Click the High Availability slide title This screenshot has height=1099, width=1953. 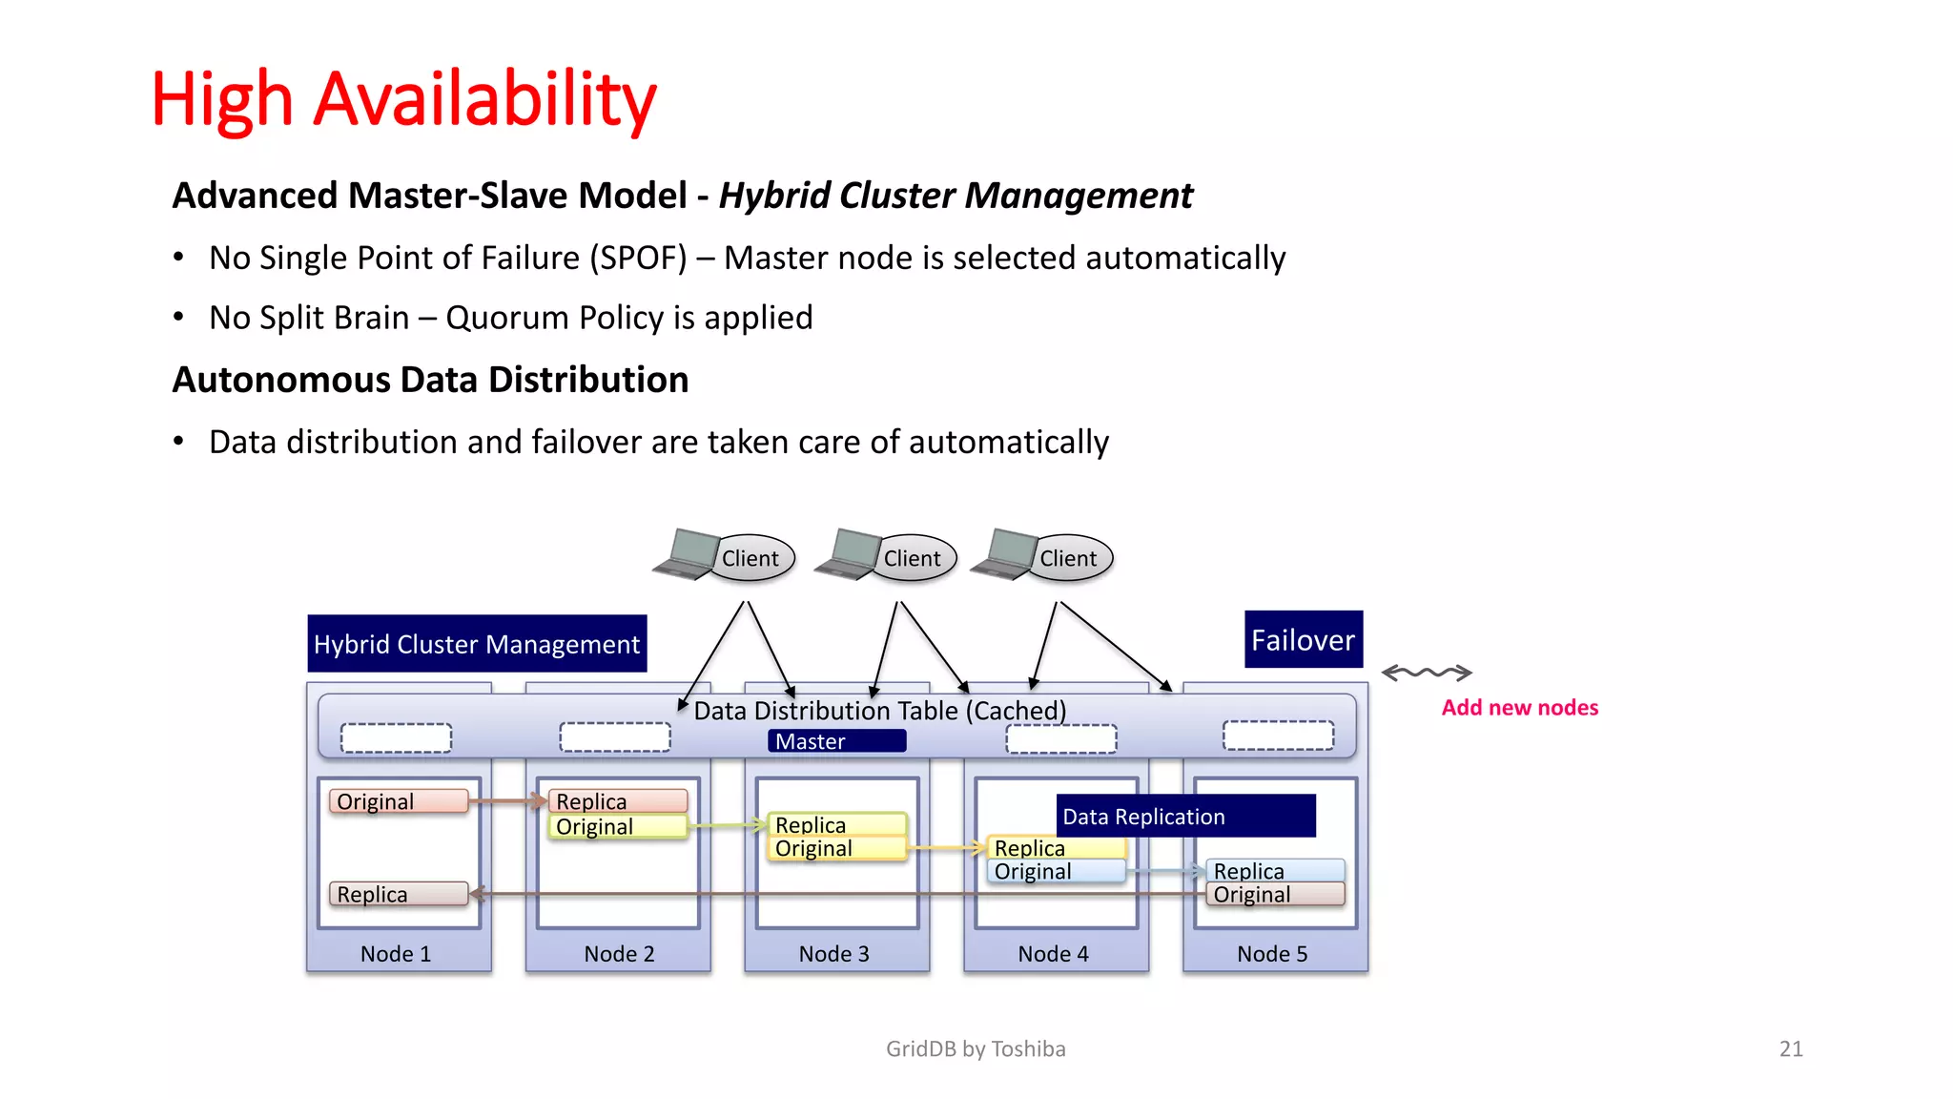403,99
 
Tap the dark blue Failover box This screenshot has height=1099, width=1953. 1303,639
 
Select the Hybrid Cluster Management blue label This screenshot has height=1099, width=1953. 476,644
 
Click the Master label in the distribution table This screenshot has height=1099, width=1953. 835,741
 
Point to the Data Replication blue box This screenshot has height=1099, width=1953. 1185,816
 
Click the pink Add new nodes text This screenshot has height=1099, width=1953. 1519,708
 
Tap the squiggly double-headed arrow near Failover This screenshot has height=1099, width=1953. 1427,673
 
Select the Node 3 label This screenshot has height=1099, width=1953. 833,954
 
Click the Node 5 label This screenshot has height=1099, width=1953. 1272,954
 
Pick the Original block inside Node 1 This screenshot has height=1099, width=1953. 398,801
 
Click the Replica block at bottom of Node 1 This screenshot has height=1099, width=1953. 398,894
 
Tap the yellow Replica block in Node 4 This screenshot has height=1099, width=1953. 1056,847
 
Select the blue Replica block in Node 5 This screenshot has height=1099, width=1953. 1275,870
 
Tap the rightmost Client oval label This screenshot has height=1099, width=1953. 1069,558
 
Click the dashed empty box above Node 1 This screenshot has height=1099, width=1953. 396,737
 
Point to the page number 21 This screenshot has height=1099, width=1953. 1790,1048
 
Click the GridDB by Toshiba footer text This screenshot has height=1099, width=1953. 976,1048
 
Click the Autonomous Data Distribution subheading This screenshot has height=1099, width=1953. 430,380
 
